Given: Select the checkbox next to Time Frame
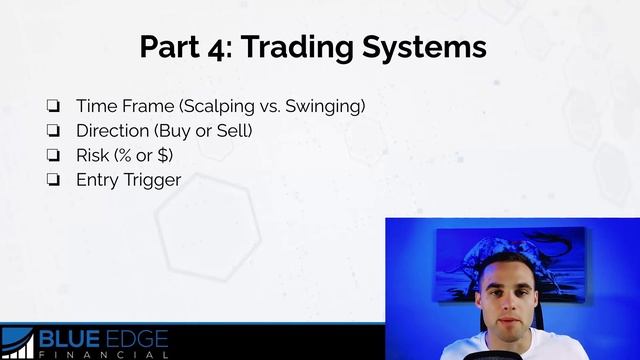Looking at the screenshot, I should coord(53,105).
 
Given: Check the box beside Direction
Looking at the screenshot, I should coord(53,130).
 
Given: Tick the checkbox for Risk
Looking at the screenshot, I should coord(53,155).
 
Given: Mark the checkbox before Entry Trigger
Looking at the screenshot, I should coord(53,180).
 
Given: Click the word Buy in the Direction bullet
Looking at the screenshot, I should coord(165,130).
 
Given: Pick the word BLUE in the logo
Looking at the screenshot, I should coord(69,339).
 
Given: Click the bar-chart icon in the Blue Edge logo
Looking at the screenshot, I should coord(18,343).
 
